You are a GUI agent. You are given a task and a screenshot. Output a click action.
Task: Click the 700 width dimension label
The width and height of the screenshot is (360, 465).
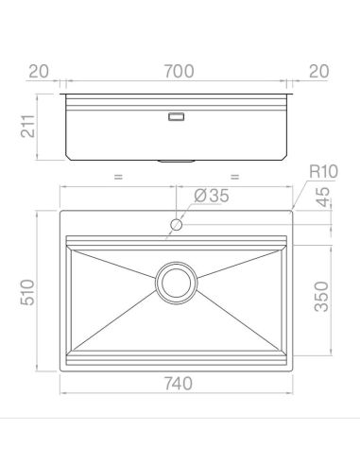[179, 71]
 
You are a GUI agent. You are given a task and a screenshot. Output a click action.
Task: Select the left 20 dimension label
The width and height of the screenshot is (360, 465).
[39, 71]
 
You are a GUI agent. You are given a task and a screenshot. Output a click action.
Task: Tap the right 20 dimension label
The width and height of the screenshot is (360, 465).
[318, 71]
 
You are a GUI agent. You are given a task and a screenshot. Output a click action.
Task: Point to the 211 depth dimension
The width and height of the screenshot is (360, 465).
[27, 126]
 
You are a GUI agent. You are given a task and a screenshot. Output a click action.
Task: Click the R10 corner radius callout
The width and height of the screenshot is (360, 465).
[323, 171]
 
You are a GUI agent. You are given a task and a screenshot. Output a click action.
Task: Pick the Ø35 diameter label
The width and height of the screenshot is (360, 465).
[212, 196]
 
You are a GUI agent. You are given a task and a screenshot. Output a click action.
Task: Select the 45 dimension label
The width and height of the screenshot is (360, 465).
[322, 198]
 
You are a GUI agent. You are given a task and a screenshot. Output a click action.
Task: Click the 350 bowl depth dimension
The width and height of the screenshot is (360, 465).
[321, 297]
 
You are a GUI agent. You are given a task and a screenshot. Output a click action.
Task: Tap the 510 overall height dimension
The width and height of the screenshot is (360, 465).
[27, 292]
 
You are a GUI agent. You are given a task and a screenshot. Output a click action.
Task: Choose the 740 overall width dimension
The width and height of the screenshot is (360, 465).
[178, 384]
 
